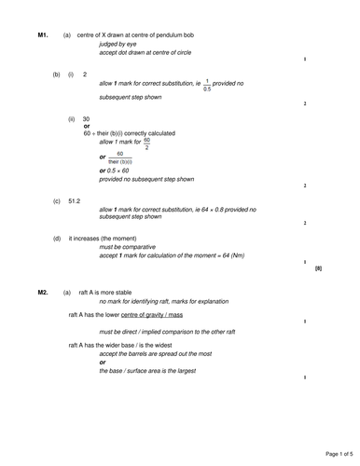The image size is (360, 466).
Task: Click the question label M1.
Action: (43, 35)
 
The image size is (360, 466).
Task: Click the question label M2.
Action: (43, 293)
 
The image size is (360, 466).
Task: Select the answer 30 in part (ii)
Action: (86, 119)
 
